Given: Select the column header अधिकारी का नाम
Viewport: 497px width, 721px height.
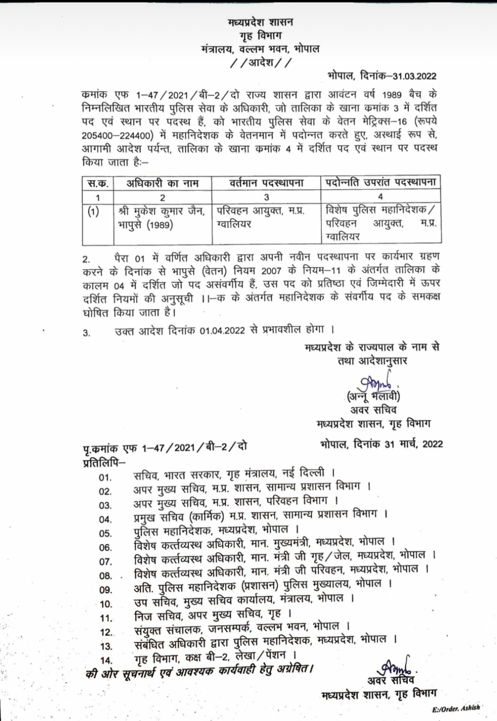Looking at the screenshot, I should pos(162,183).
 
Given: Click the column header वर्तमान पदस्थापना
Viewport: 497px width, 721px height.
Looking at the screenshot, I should pos(266,183).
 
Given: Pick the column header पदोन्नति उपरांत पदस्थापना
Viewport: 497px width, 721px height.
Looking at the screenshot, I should pos(381,182).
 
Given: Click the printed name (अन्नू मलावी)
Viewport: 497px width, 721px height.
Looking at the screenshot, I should pos(373,396).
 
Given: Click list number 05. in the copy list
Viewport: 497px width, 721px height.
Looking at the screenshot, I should pos(105,533).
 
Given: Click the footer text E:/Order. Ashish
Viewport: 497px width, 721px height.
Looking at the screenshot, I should pos(456,709).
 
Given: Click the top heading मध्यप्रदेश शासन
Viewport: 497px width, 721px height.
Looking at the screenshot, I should pos(260,22).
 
